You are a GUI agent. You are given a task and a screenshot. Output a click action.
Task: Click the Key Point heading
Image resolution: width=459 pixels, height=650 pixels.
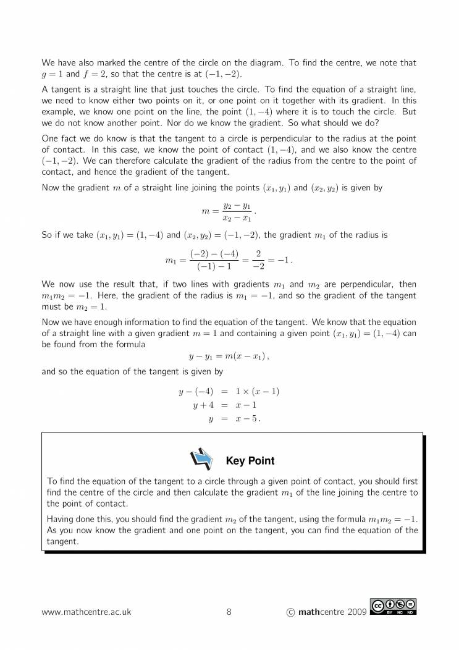(250, 461)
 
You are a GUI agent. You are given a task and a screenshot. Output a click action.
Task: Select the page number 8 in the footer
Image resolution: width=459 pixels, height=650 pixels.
(229, 612)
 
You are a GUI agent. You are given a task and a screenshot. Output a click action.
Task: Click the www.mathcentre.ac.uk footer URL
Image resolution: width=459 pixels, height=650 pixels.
(86, 612)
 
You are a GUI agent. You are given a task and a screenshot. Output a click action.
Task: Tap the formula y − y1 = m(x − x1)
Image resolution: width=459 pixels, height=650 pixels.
(229, 357)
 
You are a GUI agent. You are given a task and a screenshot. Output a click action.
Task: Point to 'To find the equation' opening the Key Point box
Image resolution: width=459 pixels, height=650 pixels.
(88, 481)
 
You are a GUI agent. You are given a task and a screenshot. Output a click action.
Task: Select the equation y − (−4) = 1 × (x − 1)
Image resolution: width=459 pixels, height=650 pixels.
(229, 392)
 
